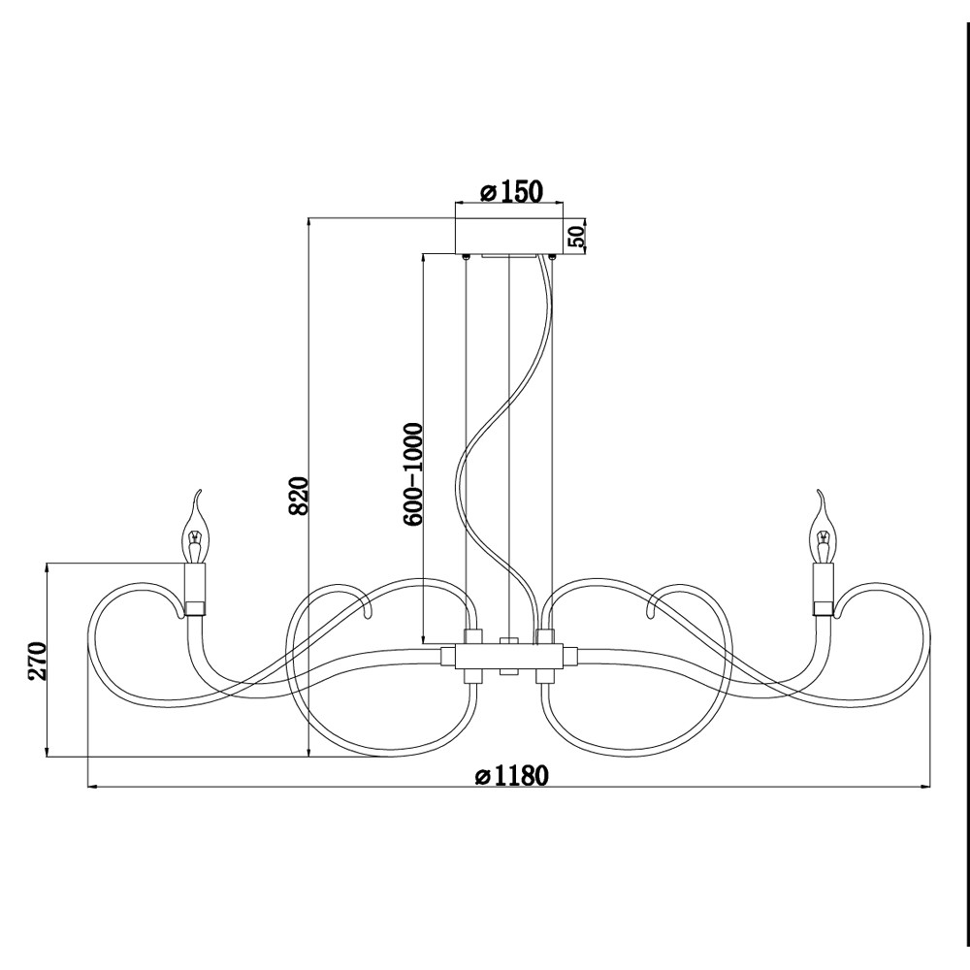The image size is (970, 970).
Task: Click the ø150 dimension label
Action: (x=511, y=191)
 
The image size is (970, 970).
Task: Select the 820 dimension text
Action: (x=300, y=496)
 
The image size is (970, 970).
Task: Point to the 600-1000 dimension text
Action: (x=412, y=474)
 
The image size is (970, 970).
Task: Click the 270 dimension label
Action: (x=37, y=661)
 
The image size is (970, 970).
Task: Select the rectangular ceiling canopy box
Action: (x=509, y=235)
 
